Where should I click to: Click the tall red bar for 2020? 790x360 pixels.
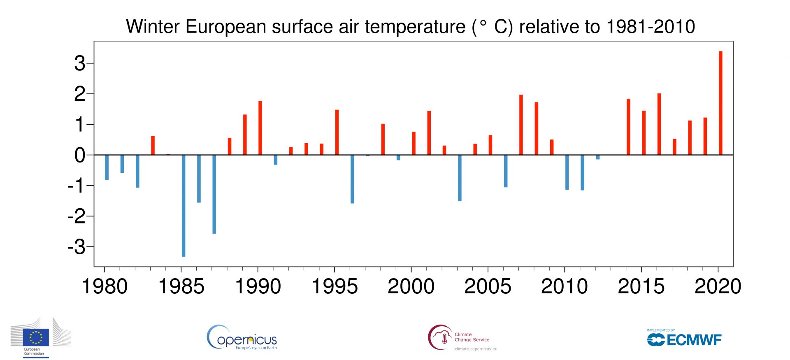(720, 103)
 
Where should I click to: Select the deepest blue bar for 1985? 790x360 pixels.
(184, 206)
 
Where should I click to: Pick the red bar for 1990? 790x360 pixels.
(260, 128)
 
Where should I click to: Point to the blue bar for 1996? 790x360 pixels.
(352, 179)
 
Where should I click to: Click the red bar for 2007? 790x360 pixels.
(521, 125)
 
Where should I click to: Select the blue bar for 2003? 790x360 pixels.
(460, 178)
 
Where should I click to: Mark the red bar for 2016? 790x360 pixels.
(659, 124)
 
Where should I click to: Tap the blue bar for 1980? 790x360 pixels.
(107, 167)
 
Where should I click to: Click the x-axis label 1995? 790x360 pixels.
(335, 286)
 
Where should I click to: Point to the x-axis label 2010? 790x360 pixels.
(565, 286)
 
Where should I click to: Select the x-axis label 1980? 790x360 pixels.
(105, 286)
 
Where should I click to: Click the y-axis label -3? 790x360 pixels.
(77, 247)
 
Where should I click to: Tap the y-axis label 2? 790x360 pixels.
(79, 94)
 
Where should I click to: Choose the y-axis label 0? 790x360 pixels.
(79, 156)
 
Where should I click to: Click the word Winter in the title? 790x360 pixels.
(153, 27)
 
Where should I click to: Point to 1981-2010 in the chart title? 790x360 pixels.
(651, 27)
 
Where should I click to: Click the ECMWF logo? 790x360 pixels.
(684, 339)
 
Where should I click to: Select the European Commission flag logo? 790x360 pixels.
(36, 337)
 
